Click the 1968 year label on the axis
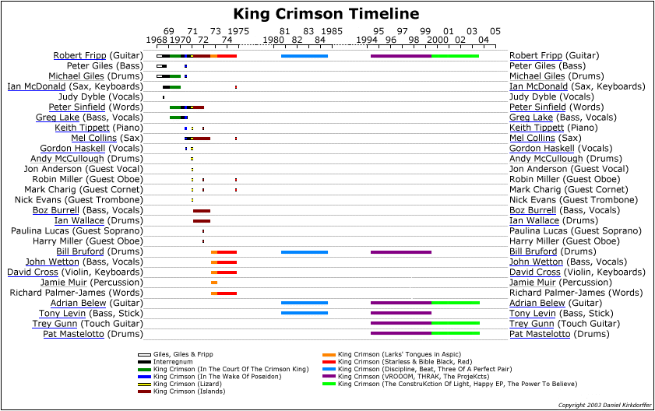[157, 40]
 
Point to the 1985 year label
[331, 31]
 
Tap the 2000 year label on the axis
[438, 40]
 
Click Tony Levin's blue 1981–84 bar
[305, 313]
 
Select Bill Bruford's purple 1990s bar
[400, 251]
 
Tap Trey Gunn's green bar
[455, 323]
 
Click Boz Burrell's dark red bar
[202, 210]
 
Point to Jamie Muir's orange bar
[214, 282]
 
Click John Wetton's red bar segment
[227, 262]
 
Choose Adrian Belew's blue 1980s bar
[305, 303]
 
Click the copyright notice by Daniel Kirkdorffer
[602, 406]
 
